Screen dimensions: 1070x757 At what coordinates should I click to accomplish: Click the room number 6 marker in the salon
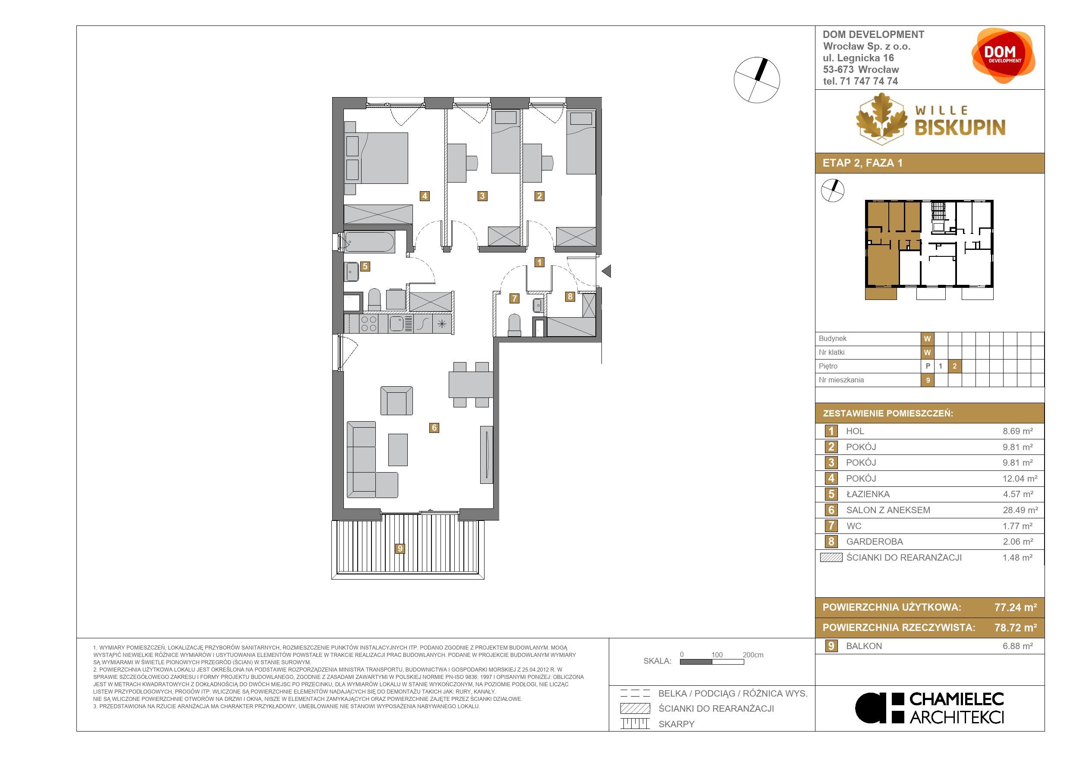pyautogui.click(x=434, y=427)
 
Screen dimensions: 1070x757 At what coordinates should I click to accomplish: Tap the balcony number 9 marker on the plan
pyautogui.click(x=400, y=548)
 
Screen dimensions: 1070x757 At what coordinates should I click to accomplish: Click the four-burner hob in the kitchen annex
pyautogui.click(x=368, y=324)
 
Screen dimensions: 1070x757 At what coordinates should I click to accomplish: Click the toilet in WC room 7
pyautogui.click(x=514, y=325)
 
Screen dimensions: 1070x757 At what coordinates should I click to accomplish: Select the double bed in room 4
pyautogui.click(x=376, y=158)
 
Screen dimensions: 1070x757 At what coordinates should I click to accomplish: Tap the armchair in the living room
pyautogui.click(x=396, y=401)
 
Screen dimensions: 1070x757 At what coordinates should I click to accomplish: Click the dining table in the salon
pyautogui.click(x=471, y=384)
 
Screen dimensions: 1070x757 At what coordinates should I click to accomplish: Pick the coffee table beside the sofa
pyautogui.click(x=397, y=449)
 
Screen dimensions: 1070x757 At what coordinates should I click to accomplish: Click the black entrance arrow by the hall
pyautogui.click(x=606, y=271)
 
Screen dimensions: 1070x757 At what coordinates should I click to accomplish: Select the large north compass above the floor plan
pyautogui.click(x=756, y=80)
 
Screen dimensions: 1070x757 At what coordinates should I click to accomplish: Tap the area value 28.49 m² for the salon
pyautogui.click(x=1020, y=510)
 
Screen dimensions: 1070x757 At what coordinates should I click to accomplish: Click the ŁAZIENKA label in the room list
pyautogui.click(x=868, y=494)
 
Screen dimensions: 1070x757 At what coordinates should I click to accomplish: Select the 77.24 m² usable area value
pyautogui.click(x=1016, y=607)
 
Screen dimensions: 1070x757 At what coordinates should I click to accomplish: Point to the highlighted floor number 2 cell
pyautogui.click(x=954, y=366)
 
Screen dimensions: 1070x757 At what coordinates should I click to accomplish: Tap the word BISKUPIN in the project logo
pyautogui.click(x=960, y=127)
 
